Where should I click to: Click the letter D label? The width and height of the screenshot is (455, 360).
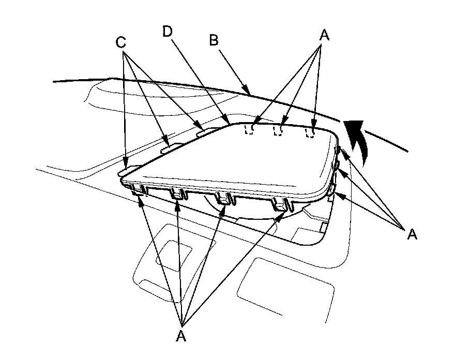click(166, 31)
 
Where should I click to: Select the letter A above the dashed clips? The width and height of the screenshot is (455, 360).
click(324, 35)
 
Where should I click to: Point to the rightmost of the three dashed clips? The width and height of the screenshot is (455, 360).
click(310, 132)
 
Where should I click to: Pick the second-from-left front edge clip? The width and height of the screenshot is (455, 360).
click(177, 194)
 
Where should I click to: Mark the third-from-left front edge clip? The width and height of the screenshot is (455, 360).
click(223, 199)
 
